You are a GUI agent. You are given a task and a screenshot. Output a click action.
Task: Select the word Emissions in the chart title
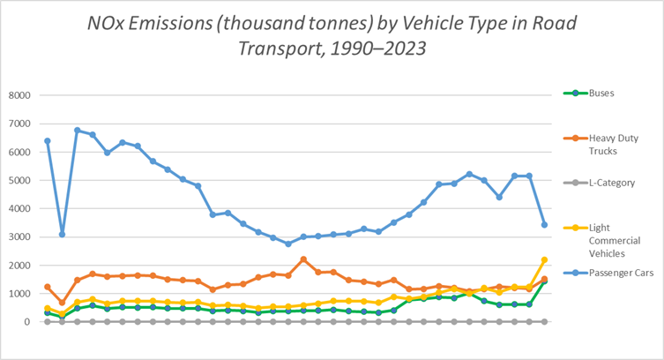[181, 20]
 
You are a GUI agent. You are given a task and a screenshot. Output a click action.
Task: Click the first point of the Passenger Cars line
[48, 141]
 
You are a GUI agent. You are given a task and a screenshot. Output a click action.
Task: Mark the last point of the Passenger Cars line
[544, 225]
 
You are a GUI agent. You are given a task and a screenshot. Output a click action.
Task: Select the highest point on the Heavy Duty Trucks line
[303, 259]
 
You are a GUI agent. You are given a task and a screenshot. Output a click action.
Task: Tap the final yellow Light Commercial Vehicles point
[544, 259]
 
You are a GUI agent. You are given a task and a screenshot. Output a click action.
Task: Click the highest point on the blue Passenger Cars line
[78, 131]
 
